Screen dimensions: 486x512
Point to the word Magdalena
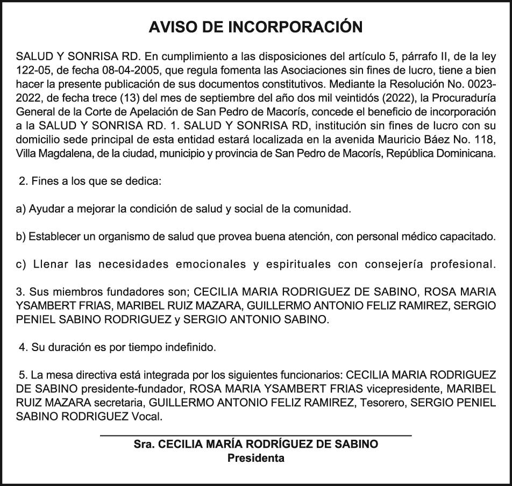pos(62,153)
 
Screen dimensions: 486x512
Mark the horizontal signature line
pos(256,435)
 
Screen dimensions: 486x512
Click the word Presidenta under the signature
pos(256,459)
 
